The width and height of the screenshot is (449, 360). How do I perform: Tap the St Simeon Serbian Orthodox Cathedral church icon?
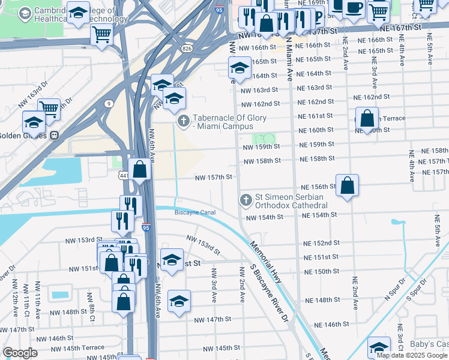point(245,200)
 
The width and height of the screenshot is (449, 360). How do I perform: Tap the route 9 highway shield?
point(108,103)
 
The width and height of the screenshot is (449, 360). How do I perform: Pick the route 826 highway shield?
point(187,49)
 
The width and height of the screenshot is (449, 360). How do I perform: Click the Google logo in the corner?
point(19,353)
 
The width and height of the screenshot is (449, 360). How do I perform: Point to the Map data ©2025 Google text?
point(412,355)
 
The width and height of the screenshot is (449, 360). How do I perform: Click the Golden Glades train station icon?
point(54,136)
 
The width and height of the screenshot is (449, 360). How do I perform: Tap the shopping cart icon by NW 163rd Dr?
point(49,109)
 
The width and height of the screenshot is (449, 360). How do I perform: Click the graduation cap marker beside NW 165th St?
point(240,69)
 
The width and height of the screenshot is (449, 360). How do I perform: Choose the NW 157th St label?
point(213,177)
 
